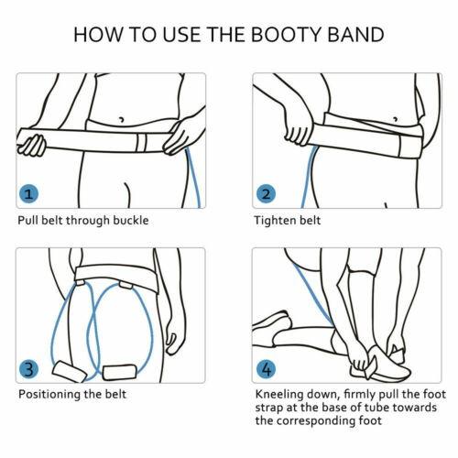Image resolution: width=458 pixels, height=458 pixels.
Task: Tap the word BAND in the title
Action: pos(355,35)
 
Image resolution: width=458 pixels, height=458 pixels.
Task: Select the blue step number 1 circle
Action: pos(28,194)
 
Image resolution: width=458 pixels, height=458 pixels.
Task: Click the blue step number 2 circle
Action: pos(266,194)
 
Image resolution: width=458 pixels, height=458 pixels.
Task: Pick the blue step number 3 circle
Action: pos(28,369)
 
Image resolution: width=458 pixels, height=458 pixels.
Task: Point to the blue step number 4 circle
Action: pos(266,369)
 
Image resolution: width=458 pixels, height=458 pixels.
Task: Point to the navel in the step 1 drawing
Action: pos(121,119)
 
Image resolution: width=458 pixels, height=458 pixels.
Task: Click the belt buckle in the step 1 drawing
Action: pos(141,143)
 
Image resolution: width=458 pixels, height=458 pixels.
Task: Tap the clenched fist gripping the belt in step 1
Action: pos(31,145)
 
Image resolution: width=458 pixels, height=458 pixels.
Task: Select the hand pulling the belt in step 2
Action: pos(299,128)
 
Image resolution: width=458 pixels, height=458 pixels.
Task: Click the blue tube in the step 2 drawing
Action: pos(308,177)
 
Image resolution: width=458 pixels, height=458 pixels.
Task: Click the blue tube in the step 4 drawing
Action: pos(313,295)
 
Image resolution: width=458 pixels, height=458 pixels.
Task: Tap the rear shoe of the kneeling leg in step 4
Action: pos(272,323)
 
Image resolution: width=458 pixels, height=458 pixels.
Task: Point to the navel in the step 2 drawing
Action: pos(396,119)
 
